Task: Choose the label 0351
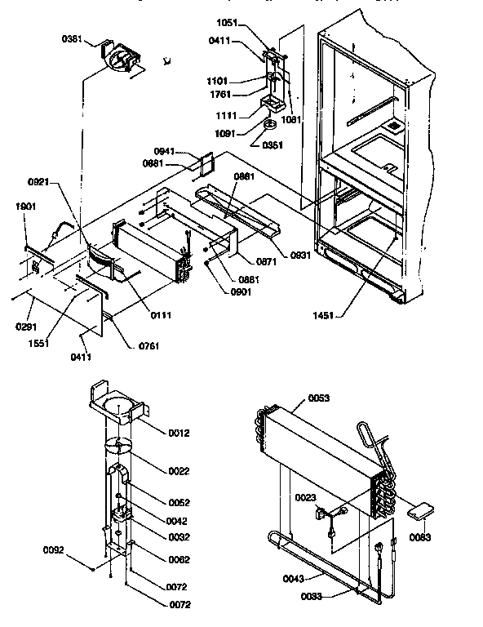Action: click(273, 146)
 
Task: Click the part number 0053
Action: click(319, 398)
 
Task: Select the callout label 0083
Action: click(421, 537)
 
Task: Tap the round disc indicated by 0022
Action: click(119, 447)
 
